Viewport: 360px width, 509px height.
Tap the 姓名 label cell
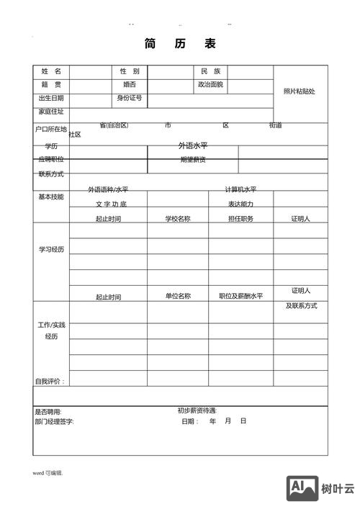pyautogui.click(x=51, y=71)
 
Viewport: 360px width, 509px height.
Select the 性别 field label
pyautogui.click(x=130, y=71)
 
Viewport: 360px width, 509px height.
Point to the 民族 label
pyautogui.click(x=211, y=71)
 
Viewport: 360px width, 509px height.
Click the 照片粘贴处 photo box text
pyautogui.click(x=300, y=91)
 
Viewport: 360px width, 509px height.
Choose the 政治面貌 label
pyautogui.click(x=211, y=84)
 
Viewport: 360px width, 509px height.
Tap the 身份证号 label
pyautogui.click(x=130, y=98)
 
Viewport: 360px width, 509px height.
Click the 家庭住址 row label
pyautogui.click(x=51, y=112)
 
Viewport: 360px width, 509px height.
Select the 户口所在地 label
pyautogui.click(x=51, y=130)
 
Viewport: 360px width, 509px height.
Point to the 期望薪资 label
pyautogui.click(x=193, y=160)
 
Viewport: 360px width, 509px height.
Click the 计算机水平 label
pyautogui.click(x=240, y=190)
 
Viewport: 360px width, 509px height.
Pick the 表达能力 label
pyautogui.click(x=240, y=204)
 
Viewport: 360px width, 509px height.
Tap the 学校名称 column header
pyautogui.click(x=178, y=219)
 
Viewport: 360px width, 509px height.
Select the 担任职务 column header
pyautogui.click(x=240, y=219)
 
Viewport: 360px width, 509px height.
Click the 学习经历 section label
pyautogui.click(x=51, y=249)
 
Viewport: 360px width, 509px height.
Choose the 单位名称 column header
pyautogui.click(x=178, y=296)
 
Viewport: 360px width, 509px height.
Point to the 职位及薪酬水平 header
pyautogui.click(x=240, y=296)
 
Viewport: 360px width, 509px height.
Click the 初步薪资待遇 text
pyautogui.click(x=197, y=411)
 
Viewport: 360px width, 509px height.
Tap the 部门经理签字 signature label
pyautogui.click(x=54, y=421)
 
